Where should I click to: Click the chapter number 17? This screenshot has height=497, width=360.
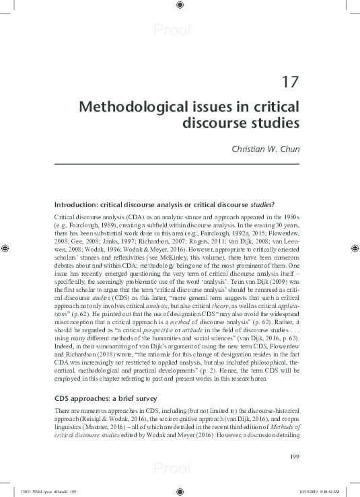tap(289, 83)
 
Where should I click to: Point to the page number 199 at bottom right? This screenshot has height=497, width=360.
tap(294, 457)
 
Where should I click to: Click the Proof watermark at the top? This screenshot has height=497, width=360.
tap(173, 30)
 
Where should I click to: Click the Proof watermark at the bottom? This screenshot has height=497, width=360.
tap(173, 469)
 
